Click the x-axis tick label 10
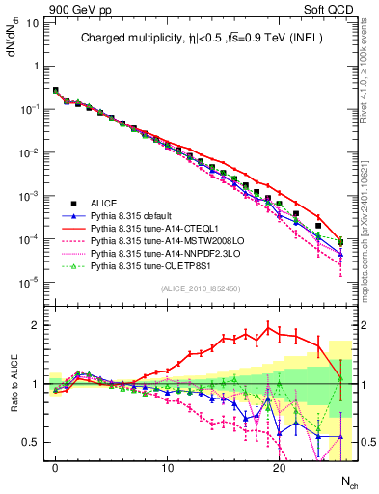167,468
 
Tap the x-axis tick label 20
279,468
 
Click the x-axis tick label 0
56,468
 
